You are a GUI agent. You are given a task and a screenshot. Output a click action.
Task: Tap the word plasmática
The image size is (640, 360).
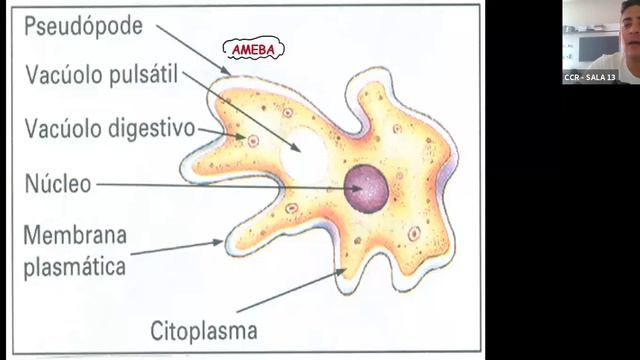click(x=76, y=267)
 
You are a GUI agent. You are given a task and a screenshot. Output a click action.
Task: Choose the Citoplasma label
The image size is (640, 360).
click(x=204, y=330)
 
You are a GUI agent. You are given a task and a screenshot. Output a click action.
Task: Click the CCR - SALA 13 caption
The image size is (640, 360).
click(x=590, y=77)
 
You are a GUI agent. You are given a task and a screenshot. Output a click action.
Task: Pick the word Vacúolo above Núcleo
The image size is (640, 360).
click(x=63, y=129)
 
